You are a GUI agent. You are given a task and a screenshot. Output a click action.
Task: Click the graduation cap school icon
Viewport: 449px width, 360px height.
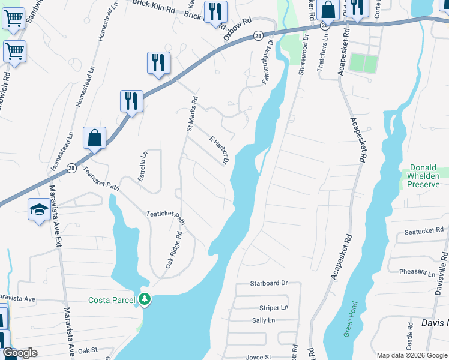click(x=38, y=209)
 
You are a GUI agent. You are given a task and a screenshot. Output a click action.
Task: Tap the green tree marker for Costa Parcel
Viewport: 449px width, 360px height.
click(x=144, y=299)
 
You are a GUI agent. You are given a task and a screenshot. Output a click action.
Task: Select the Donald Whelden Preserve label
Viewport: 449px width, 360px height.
click(x=425, y=176)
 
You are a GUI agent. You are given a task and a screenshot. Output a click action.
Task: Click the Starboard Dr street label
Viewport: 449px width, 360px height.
click(x=270, y=283)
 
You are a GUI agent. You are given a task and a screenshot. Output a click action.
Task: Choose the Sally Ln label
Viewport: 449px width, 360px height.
click(x=263, y=320)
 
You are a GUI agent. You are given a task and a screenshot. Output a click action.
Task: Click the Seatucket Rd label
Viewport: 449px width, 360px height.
click(x=423, y=230)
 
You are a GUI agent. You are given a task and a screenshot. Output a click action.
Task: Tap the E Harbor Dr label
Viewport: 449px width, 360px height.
click(x=219, y=149)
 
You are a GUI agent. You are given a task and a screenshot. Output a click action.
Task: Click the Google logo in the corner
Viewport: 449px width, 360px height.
click(x=19, y=353)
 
